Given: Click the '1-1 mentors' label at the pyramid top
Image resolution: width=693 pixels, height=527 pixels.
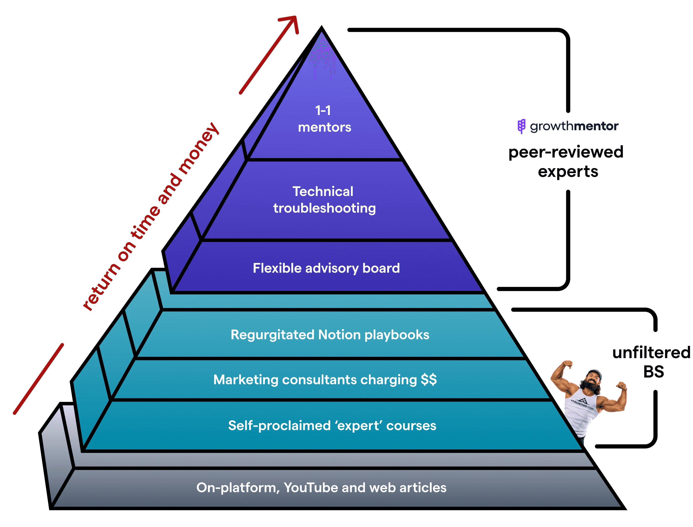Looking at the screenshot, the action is (324, 119).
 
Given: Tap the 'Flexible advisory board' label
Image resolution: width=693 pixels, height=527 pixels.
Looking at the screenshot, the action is (326, 268).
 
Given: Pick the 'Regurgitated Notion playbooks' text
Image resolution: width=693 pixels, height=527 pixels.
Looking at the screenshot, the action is (330, 335).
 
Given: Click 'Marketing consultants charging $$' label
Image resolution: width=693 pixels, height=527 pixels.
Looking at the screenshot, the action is (325, 379).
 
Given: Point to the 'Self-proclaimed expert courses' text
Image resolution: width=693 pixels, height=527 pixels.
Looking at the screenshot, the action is (332, 426).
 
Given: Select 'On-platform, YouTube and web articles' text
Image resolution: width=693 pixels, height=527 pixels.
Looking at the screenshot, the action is (321, 488).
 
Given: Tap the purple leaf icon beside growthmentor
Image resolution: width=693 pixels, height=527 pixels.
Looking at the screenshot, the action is (521, 126).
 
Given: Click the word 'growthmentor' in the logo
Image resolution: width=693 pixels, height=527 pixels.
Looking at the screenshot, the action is (574, 126).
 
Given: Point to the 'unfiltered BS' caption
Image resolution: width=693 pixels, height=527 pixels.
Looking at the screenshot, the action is (652, 362).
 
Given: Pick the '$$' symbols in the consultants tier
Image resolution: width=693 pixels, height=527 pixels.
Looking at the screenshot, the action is (429, 379).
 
